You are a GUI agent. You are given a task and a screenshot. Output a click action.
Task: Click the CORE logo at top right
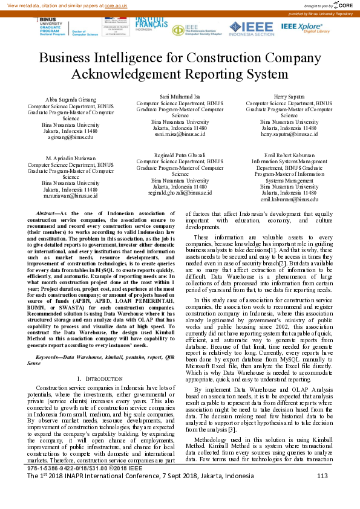(x=342, y=5)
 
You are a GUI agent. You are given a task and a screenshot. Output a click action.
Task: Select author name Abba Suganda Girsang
(x=71, y=99)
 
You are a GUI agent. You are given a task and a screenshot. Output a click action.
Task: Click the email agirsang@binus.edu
(x=71, y=137)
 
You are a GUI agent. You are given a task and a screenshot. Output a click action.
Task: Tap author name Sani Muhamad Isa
(x=180, y=96)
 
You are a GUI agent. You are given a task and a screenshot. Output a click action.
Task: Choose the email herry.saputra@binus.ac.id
(x=289, y=134)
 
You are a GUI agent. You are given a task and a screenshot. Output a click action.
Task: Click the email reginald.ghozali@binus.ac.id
(x=180, y=193)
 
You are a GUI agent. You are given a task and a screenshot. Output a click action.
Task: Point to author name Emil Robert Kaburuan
(x=289, y=155)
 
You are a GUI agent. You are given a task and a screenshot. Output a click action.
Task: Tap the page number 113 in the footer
(x=322, y=493)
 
